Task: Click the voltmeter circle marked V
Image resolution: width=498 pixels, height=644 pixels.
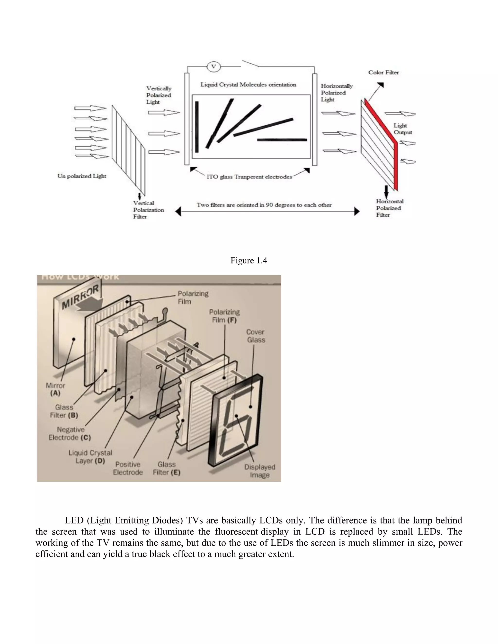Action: click(x=213, y=67)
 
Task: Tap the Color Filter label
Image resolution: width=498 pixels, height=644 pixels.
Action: click(x=383, y=72)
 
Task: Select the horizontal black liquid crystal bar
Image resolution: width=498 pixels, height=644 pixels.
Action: click(x=282, y=140)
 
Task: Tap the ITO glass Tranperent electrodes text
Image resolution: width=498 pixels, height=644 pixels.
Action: click(x=249, y=177)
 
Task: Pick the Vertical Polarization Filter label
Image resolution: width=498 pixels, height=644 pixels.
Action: click(x=148, y=210)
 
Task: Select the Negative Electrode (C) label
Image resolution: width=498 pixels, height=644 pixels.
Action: click(x=70, y=434)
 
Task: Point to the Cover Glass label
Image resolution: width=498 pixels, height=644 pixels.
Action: click(x=256, y=336)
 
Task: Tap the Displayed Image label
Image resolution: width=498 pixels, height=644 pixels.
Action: click(x=260, y=471)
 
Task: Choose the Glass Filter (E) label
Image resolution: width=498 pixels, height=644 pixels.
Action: click(x=166, y=468)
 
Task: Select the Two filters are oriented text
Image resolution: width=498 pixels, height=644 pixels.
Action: click(x=264, y=205)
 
